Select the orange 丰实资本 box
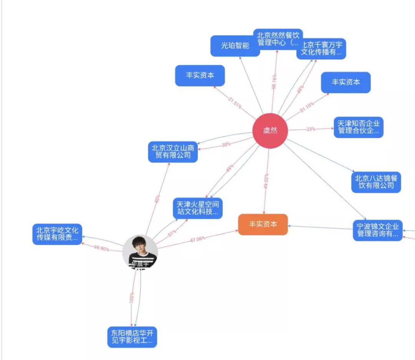coord(263,224)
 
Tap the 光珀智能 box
coord(235,46)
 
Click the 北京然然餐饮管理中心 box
coord(278,39)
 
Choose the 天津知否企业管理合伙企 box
coord(359,128)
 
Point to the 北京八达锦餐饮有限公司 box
coord(376,182)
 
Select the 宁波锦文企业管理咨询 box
coord(378,230)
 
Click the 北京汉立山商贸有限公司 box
coord(173,152)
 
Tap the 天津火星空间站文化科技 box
coord(198,208)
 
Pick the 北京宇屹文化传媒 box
coord(57,234)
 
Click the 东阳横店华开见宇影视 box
coord(132,337)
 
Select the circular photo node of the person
coord(140,252)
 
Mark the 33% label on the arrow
coord(310,129)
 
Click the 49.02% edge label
coord(266,181)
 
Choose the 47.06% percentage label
coord(197,239)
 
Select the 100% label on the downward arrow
coord(131,297)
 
